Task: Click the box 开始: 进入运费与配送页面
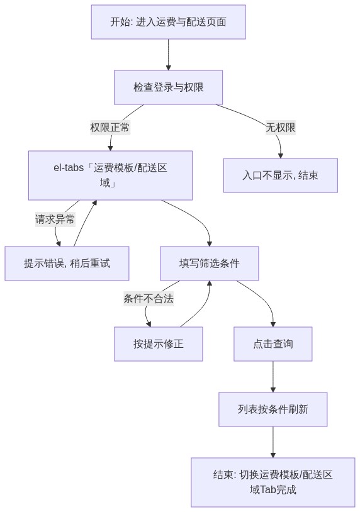pos(168,22)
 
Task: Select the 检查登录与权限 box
pos(168,87)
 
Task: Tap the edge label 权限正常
pos(110,127)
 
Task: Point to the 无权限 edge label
pos(280,127)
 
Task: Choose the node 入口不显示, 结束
pos(280,175)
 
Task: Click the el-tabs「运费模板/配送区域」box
pos(110,175)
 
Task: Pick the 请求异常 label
pos(55,219)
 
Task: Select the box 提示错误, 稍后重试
pos(67,264)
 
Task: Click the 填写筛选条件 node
pos(209,264)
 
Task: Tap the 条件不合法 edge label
pos(149,298)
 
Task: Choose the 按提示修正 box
pos(158,344)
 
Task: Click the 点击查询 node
pos(273,344)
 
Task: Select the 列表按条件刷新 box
pos(273,409)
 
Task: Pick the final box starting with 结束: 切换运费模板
pos(273,482)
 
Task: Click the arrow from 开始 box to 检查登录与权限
pos(168,55)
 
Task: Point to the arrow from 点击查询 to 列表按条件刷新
pos(273,377)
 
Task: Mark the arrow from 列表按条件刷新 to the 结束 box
pos(273,442)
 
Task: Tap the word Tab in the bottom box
pos(267,489)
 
